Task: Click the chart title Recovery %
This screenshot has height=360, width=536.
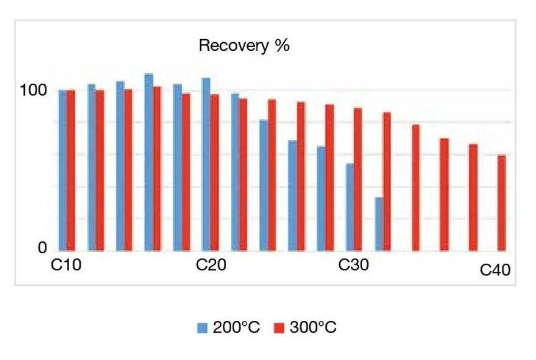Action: point(244,47)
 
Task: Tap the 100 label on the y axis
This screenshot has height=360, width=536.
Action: point(33,91)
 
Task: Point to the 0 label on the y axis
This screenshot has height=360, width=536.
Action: point(42,248)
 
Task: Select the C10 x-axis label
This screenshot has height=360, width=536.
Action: point(65,266)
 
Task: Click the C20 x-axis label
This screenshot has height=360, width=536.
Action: point(211,266)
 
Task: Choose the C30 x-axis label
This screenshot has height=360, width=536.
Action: point(353,266)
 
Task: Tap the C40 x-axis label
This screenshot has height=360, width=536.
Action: point(495,271)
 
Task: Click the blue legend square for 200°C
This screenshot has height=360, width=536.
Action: point(202,328)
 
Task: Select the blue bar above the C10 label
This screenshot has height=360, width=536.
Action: point(63,171)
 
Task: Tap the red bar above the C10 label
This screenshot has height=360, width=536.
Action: point(71,171)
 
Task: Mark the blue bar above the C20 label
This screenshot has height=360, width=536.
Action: point(206,164)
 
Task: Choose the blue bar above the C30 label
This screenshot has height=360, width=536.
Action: point(350,207)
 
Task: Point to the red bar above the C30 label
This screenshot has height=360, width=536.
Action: point(358,179)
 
